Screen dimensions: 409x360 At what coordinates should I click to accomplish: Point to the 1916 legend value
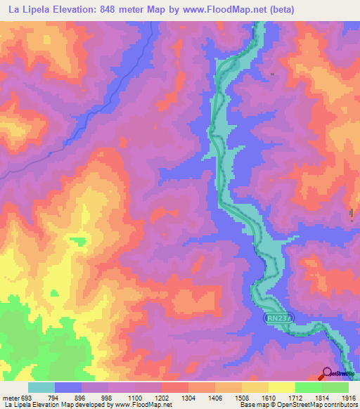(349, 397)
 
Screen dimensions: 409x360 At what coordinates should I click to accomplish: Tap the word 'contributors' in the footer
(339, 405)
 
